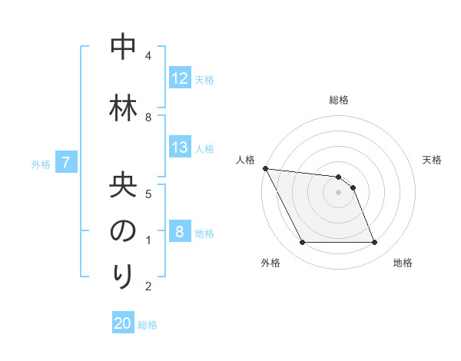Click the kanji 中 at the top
click(123, 48)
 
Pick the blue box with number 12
click(180, 78)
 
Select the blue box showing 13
click(180, 147)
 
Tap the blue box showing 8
click(180, 232)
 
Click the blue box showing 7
click(66, 163)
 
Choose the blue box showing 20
click(123, 323)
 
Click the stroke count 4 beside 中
click(148, 55)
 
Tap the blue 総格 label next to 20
click(148, 325)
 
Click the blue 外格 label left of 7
click(41, 164)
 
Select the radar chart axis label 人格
click(246, 160)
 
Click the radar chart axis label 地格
click(403, 263)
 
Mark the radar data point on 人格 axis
click(265, 168)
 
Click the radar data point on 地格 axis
click(374, 243)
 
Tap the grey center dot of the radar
click(338, 192)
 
